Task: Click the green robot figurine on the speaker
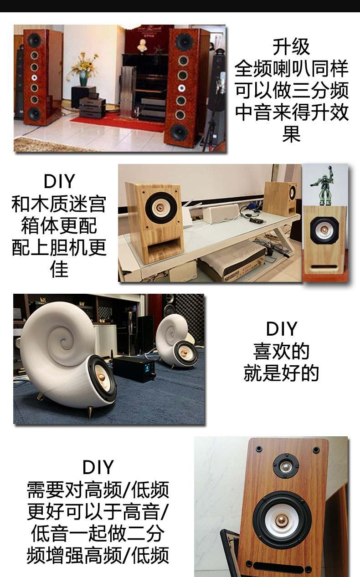coord(324,187)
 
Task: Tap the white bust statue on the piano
coord(141,46)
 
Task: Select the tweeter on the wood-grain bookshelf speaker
coord(286,466)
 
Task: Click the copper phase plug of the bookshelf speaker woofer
coord(282,521)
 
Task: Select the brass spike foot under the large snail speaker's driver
coord(90,412)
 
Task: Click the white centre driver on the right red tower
coord(182,88)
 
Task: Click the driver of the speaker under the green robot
coord(324,230)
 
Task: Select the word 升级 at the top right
coord(291,47)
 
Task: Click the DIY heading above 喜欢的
coord(282,329)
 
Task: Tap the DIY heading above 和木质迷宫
coord(59,181)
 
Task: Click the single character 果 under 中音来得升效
coord(292,134)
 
